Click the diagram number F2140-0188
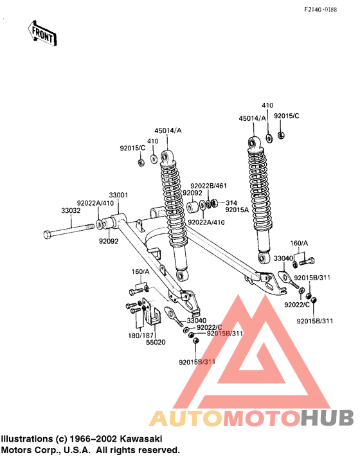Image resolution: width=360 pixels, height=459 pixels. tap(328, 10)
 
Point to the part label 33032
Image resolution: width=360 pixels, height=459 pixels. tap(71, 210)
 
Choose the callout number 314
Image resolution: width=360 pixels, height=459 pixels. tap(231, 202)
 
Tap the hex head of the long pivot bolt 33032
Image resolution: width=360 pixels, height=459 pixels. tap(47, 233)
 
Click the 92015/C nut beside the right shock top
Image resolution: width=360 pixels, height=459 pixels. tap(281, 135)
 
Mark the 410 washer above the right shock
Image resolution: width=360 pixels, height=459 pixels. tap(267, 139)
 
